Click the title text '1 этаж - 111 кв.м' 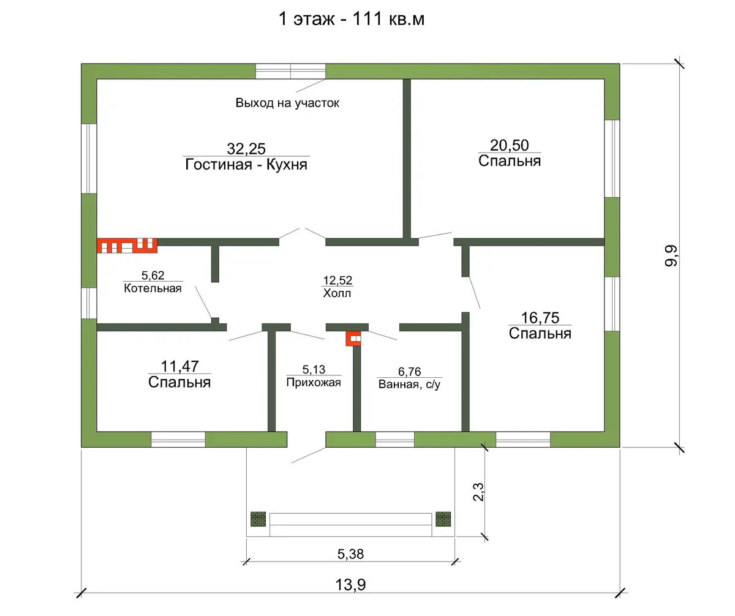click(352, 18)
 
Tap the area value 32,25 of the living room click(246, 149)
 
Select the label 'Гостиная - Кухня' click(246, 164)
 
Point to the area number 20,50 click(510, 145)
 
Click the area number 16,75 click(540, 318)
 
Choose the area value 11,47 click(179, 366)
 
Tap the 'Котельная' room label click(153, 288)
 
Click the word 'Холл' click(337, 293)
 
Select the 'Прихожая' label click(314, 383)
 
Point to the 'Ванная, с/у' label click(409, 385)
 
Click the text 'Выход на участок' click(287, 103)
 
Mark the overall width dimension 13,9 click(350, 585)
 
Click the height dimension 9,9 click(671, 256)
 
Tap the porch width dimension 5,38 click(350, 554)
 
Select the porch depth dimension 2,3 click(478, 492)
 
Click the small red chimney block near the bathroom click(353, 338)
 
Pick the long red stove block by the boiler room click(127, 246)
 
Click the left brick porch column click(258, 519)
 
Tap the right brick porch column click(443, 519)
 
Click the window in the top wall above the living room click(290, 71)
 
